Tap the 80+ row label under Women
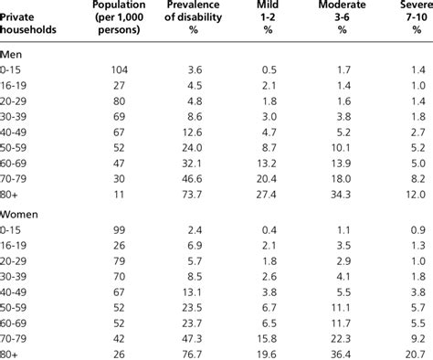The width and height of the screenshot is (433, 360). tap(10, 352)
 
